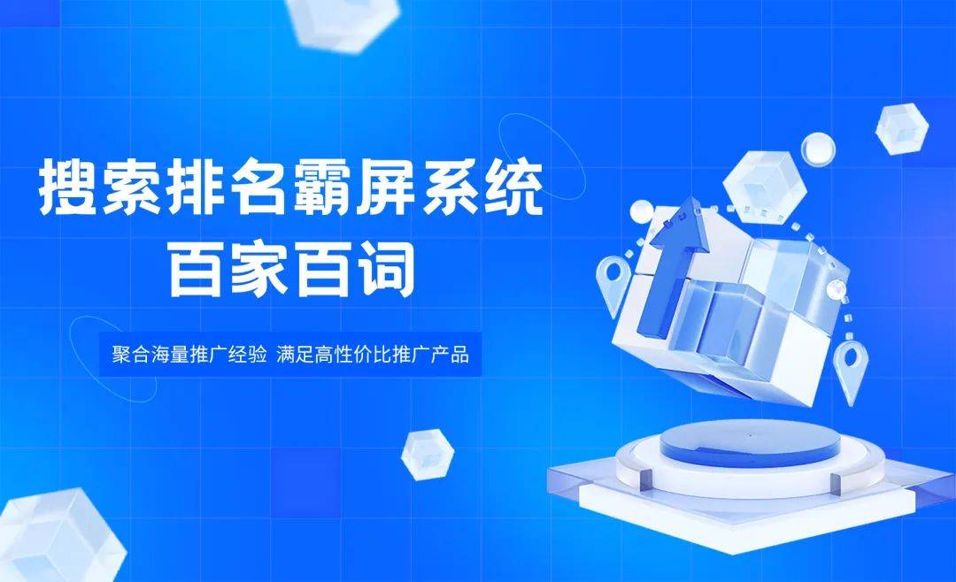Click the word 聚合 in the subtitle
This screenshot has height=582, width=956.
[131, 354]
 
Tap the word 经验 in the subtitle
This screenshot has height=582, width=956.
[248, 354]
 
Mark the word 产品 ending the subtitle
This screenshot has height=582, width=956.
[450, 354]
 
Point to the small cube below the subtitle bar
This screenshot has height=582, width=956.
[428, 455]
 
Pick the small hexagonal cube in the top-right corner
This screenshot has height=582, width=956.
[902, 128]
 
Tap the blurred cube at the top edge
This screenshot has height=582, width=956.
[343, 23]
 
